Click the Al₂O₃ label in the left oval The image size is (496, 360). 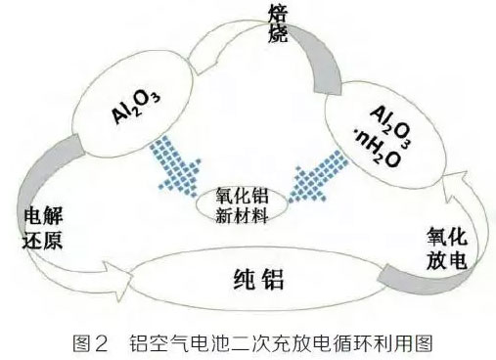tap(134, 103)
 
